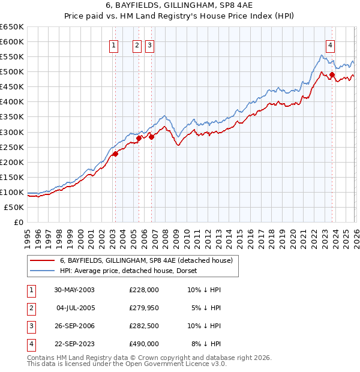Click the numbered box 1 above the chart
[114, 44]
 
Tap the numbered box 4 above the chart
[331, 44]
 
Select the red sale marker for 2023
[332, 75]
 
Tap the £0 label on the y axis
[19, 222]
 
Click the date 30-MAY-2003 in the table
[74, 290]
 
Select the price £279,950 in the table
[144, 308]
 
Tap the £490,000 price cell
[144, 344]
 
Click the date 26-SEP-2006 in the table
[74, 326]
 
